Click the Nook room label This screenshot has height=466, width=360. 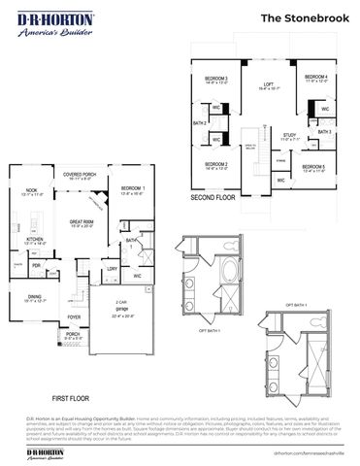coord(31,193)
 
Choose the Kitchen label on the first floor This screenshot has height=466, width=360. coord(34,240)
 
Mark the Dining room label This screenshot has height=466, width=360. coord(34,297)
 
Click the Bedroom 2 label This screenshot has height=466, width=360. coord(216,166)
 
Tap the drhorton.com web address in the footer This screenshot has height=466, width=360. coord(310,452)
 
